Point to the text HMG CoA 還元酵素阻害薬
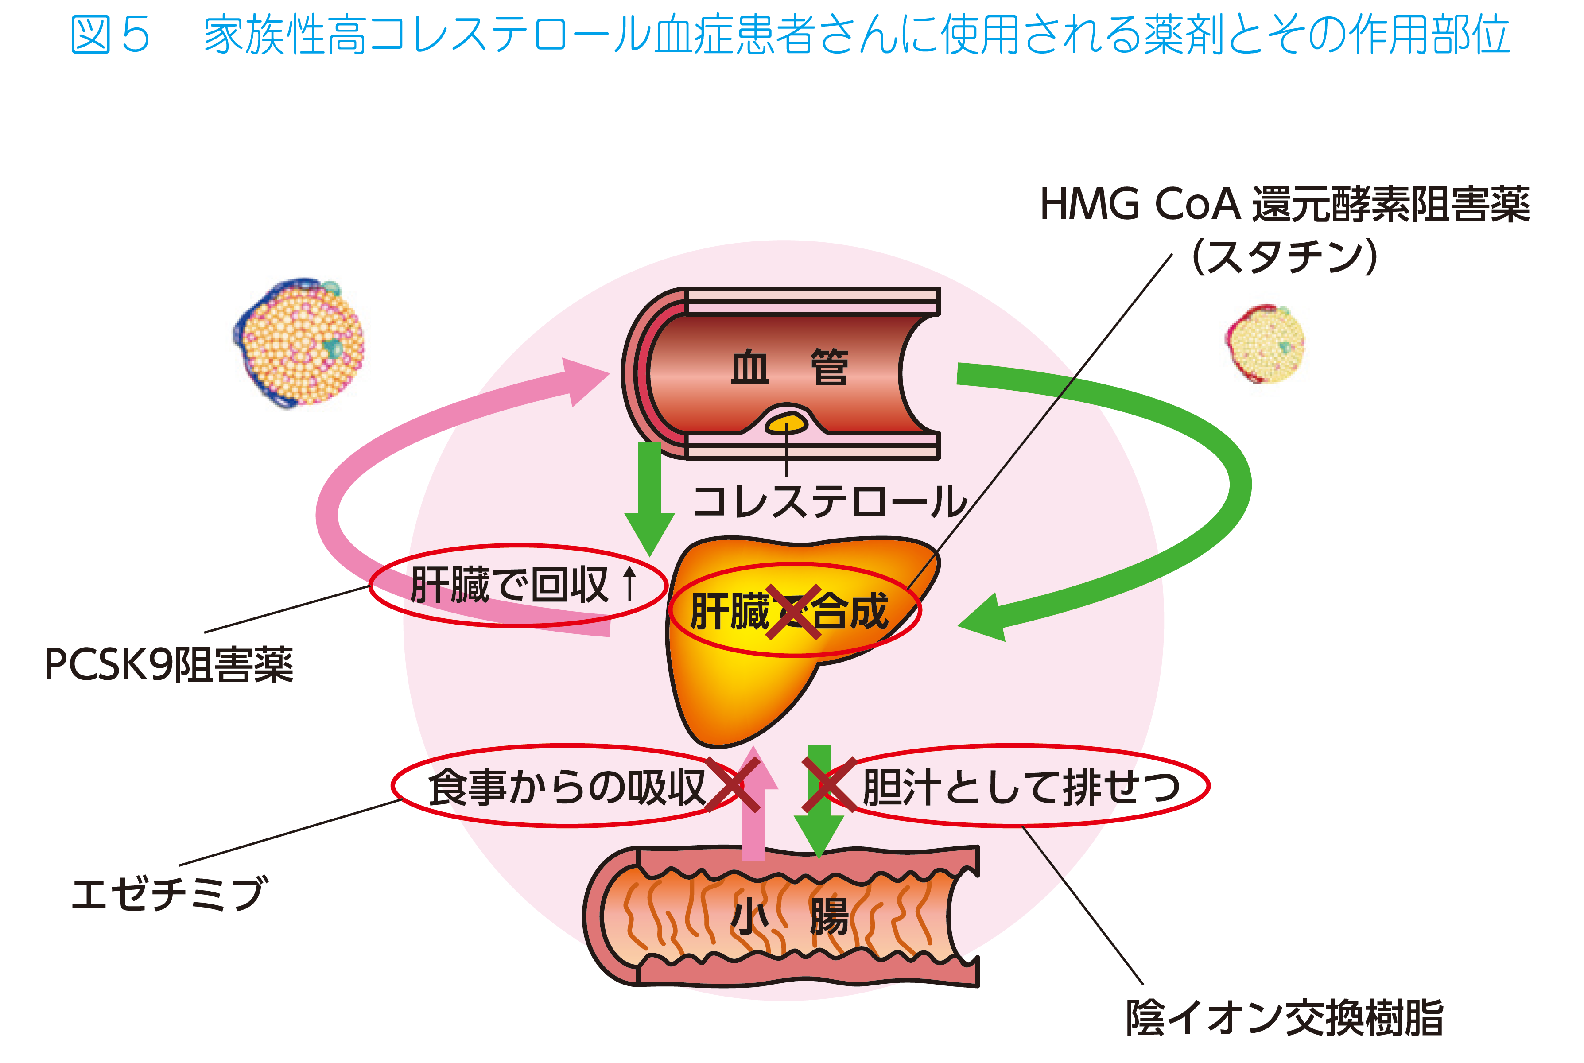point(1285,204)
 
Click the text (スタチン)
point(1285,256)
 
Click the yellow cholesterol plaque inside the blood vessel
point(786,424)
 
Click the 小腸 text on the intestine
point(790,916)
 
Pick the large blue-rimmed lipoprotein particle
point(299,343)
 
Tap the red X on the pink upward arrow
point(733,785)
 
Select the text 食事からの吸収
point(567,787)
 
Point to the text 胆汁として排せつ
point(1021,787)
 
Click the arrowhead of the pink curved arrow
point(584,381)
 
